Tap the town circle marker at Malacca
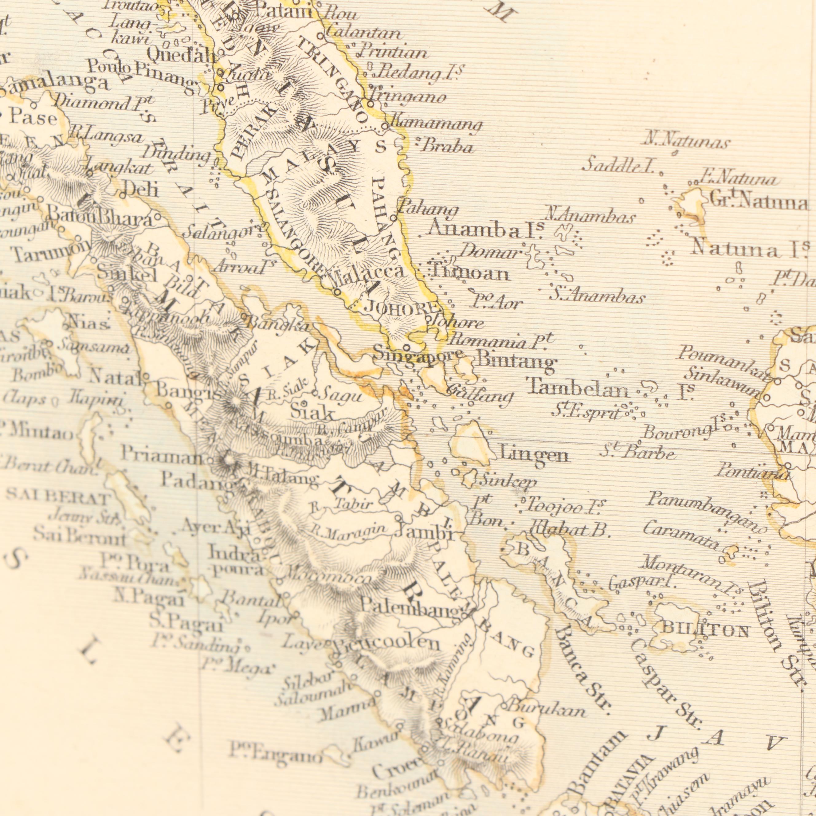(337, 292)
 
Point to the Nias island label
(87, 325)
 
